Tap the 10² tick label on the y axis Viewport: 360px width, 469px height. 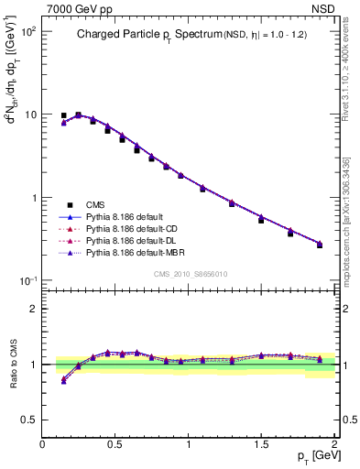pyautogui.click(x=27, y=31)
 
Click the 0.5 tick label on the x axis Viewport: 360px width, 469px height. pyautogui.click(x=115, y=443)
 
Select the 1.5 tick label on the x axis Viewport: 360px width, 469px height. pyautogui.click(x=261, y=443)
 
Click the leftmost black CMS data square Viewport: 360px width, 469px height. pyautogui.click(x=63, y=116)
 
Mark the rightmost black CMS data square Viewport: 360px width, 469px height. pyautogui.click(x=319, y=245)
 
